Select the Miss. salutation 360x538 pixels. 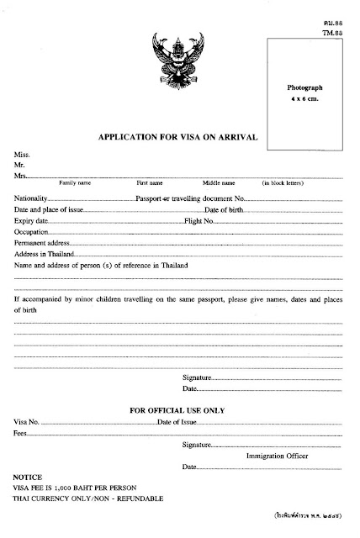[21, 155]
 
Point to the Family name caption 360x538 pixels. [75, 182]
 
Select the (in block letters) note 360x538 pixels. [283, 182]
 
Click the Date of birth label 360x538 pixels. [226, 208]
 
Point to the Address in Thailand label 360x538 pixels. [45, 253]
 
